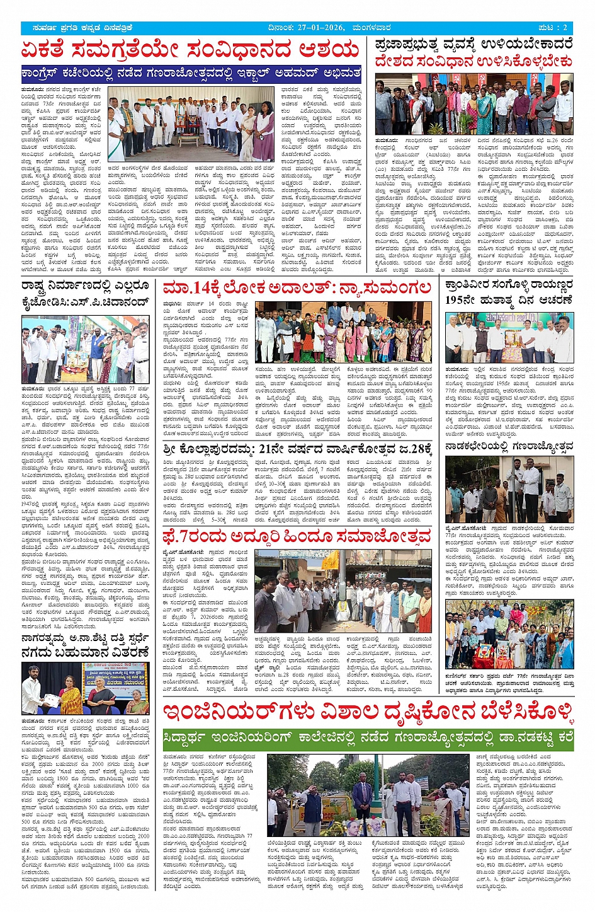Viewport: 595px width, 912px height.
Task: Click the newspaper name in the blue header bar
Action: [80, 28]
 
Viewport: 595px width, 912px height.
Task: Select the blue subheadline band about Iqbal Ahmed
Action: [192, 74]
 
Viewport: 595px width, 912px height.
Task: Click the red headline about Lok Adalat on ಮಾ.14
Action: [297, 289]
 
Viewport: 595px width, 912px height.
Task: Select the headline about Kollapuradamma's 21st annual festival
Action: [297, 449]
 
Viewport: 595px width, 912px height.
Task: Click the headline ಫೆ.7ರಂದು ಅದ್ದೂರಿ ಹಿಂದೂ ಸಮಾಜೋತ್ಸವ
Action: [297, 538]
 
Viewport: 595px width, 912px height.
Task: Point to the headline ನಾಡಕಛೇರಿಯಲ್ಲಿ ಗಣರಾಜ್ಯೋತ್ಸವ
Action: [509, 446]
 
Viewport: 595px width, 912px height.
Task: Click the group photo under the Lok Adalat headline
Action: [343, 332]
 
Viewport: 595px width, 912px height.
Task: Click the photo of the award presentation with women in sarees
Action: [85, 688]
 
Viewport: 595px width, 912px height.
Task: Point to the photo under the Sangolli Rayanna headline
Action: [509, 337]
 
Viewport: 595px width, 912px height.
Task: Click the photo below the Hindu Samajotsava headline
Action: [343, 591]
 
